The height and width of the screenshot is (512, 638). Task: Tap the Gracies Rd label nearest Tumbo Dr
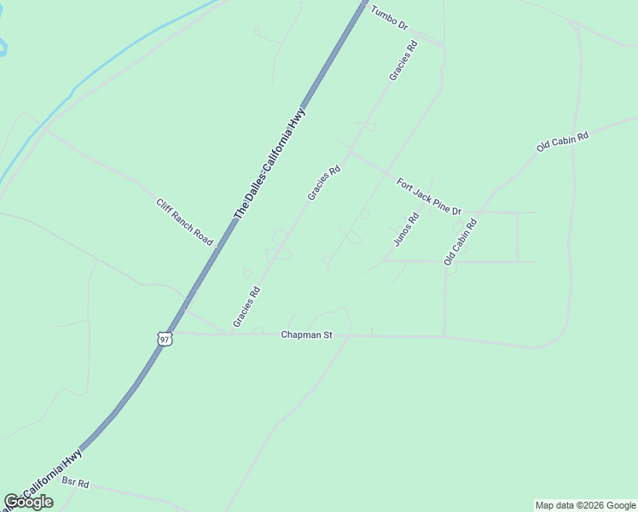coord(402,61)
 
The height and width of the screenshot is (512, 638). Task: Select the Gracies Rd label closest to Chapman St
coord(246,306)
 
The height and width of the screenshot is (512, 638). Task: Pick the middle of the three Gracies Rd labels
coord(324,183)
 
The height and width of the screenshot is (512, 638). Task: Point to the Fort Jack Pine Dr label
coord(429,196)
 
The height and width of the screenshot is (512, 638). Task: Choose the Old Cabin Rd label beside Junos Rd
coord(459,241)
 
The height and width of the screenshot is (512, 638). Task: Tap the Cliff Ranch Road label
coord(183,222)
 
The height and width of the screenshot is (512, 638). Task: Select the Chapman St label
coord(306,335)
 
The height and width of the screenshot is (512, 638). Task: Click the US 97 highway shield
coord(165,339)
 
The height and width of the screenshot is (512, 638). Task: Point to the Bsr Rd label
coord(75,482)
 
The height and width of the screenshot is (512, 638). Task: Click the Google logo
coord(28,502)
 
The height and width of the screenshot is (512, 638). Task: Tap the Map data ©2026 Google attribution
coord(585,505)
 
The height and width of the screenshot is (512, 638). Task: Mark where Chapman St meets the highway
coord(173,333)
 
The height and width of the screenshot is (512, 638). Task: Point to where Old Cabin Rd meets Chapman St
coord(444,336)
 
